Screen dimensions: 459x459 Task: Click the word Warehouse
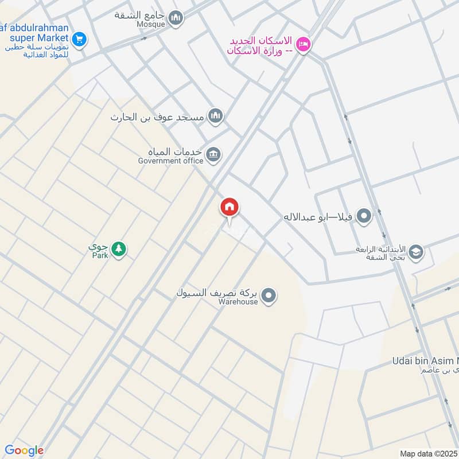click(238, 302)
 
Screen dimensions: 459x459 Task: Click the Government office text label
click(170, 161)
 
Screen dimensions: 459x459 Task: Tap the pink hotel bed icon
click(304, 44)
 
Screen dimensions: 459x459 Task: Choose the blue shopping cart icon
click(79, 39)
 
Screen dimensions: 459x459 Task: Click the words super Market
click(38, 38)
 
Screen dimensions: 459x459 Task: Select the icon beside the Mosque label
click(176, 18)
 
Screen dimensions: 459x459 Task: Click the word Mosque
click(151, 24)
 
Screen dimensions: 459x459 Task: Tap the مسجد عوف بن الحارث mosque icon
click(216, 116)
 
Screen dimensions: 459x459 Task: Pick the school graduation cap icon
click(416, 251)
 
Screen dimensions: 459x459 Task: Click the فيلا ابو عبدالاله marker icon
click(363, 217)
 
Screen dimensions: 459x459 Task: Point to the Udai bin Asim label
click(426, 360)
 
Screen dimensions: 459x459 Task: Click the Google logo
click(24, 450)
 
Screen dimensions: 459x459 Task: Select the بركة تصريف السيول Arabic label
click(215, 293)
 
